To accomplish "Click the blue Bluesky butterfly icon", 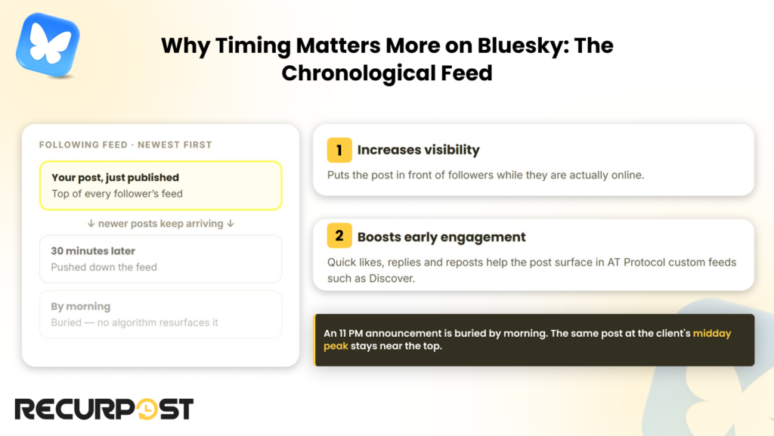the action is click(x=48, y=45).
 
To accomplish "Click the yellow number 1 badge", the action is click(x=339, y=150).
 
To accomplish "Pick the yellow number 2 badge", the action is click(x=339, y=235).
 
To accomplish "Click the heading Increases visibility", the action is click(x=418, y=150).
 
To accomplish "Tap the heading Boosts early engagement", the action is click(x=441, y=237).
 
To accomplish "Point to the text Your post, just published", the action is click(x=115, y=177).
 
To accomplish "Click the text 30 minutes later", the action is click(x=93, y=251).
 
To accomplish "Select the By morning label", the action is click(x=80, y=307).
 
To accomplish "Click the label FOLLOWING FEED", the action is click(x=83, y=145).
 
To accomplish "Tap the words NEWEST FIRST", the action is click(x=175, y=145).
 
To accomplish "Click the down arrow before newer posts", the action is click(x=91, y=223).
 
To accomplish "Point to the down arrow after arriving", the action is click(x=230, y=223).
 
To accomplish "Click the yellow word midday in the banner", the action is click(x=712, y=333).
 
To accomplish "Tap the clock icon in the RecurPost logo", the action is click(x=147, y=409).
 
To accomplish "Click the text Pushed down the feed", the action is click(x=104, y=267).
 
